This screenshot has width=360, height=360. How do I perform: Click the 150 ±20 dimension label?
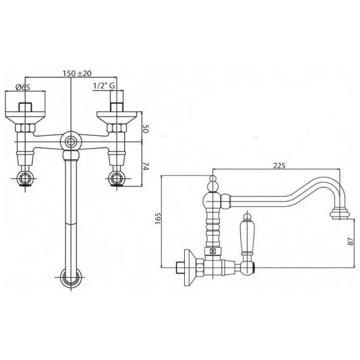click(x=77, y=74)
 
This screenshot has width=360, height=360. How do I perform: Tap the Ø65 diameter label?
click(x=23, y=87)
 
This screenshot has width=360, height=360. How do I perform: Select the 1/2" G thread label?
click(x=104, y=86)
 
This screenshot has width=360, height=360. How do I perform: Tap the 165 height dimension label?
click(x=158, y=219)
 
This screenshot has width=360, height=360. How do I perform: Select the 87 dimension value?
click(x=351, y=242)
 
